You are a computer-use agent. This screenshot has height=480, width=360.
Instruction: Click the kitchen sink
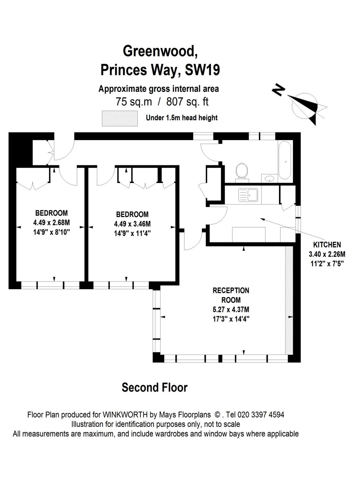tap(248, 195)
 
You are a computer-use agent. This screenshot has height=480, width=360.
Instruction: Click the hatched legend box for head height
tap(120, 118)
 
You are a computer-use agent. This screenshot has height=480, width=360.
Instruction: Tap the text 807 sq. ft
tap(187, 102)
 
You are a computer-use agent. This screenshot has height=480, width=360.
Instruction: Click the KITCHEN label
tap(327, 245)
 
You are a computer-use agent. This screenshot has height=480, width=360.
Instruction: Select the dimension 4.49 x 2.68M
tap(51, 222)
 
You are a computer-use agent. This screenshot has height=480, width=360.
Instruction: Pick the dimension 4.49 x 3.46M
tap(132, 224)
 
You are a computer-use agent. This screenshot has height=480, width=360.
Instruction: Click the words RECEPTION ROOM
tap(231, 295)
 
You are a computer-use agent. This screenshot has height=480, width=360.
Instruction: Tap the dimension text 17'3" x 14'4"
tap(231, 319)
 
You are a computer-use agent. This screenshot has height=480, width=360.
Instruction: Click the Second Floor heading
tap(154, 388)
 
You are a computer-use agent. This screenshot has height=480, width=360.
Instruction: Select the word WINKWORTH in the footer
tap(125, 415)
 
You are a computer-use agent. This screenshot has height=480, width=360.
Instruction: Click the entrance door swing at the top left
tap(64, 150)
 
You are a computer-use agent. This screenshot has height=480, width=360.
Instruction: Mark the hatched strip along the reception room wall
tap(289, 301)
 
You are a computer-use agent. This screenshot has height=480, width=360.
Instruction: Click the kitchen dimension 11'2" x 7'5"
tap(327, 264)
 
